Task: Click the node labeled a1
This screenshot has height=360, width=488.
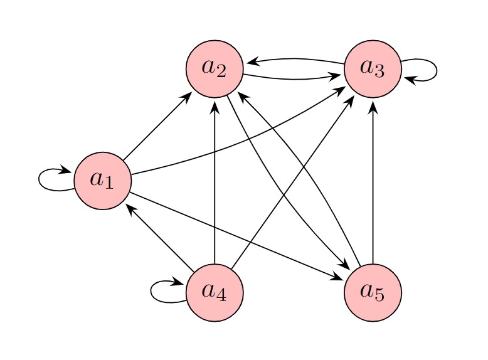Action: [x=102, y=181]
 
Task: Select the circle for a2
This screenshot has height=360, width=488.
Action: [x=215, y=68]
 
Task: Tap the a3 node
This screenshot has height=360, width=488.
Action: [x=373, y=68]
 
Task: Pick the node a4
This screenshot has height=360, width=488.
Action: [x=215, y=292]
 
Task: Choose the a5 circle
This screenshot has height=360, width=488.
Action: [x=373, y=292]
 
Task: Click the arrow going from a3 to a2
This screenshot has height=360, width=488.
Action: [x=295, y=59]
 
